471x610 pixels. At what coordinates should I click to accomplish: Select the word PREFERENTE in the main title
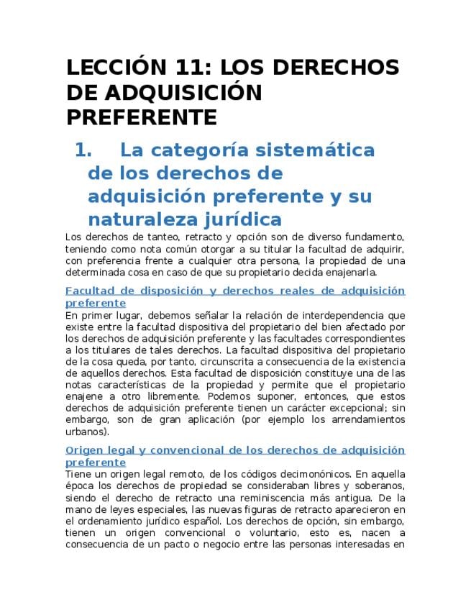coord(142,117)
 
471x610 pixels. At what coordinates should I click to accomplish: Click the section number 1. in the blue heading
coord(84,150)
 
